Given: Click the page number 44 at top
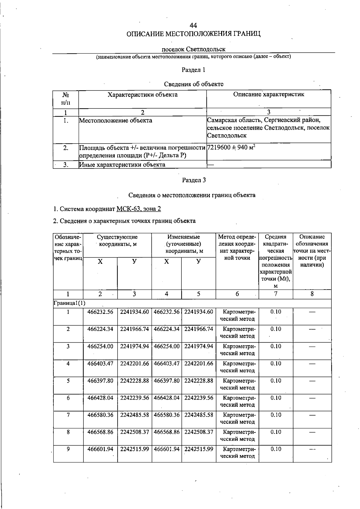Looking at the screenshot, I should click(193, 25).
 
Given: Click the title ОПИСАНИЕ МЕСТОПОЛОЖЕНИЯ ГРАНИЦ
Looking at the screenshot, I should click(193, 34).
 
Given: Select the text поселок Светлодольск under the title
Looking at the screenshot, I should click(193, 49).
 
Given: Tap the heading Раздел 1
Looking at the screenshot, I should click(193, 70).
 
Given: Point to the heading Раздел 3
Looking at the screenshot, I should click(193, 180).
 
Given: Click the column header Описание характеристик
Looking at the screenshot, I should click(268, 95).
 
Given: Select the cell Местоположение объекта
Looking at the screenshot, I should click(115, 121).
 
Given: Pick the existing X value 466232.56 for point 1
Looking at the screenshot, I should click(100, 312).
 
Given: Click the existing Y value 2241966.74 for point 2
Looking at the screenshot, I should click(134, 329).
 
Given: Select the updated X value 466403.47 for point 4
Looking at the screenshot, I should click(166, 363).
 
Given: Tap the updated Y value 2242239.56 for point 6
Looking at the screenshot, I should click(199, 398).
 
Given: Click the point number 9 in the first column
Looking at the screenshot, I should click(68, 449).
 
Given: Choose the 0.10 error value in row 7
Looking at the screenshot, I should click(276, 415).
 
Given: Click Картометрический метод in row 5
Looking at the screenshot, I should click(237, 384).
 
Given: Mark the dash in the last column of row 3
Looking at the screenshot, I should click(312, 347).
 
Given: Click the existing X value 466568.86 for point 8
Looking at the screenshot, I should click(100, 432).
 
